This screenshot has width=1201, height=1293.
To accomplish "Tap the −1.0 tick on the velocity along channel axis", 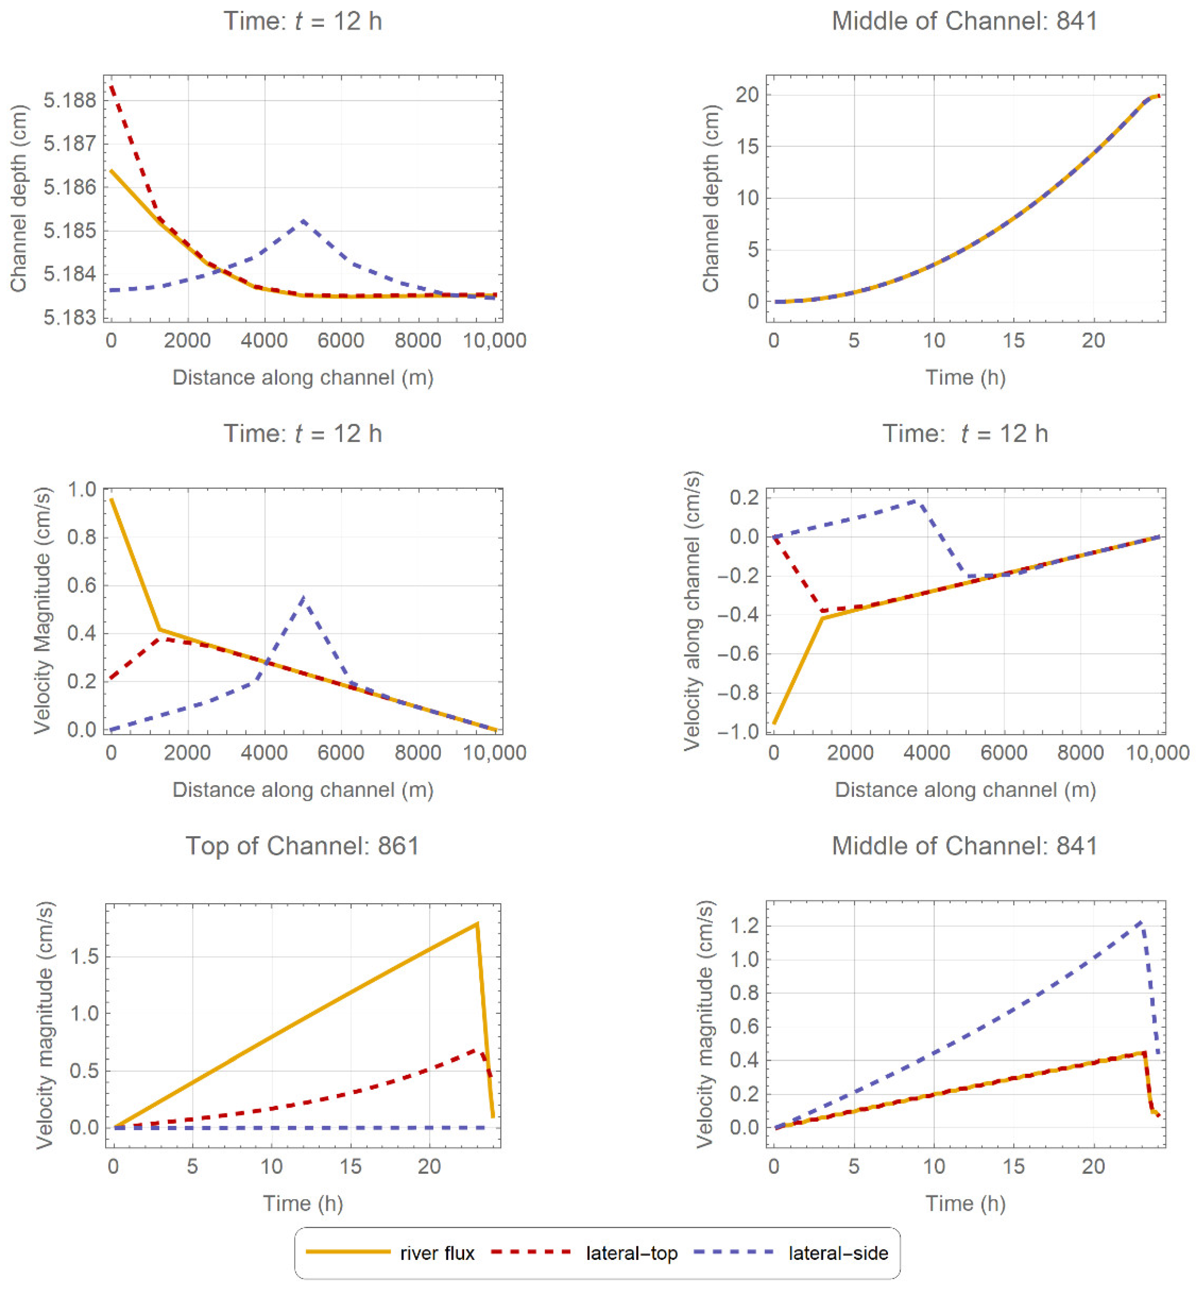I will point(738,731).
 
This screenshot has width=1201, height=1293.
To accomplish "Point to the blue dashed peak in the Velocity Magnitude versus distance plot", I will point(303,596).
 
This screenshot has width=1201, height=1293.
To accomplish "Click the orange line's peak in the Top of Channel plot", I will point(477,923).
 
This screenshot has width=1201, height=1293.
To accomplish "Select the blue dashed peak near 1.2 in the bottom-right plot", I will point(1141,921).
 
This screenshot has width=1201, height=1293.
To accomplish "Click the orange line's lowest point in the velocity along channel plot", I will point(775,723).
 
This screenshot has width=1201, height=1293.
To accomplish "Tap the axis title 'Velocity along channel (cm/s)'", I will point(693,611).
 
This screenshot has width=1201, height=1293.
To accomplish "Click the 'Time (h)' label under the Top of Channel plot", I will point(303,1203).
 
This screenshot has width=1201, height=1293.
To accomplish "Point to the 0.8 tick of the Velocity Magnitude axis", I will point(83,537).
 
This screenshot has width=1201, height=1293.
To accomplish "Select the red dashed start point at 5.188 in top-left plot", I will point(112,85).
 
